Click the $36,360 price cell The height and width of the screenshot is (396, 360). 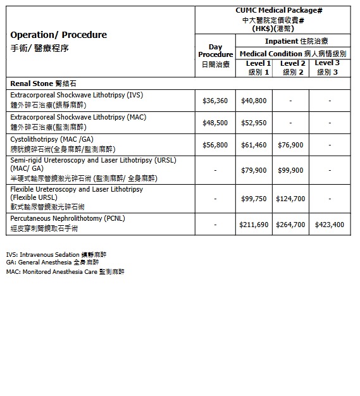[x=215, y=101]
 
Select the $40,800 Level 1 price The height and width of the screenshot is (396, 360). [x=254, y=101]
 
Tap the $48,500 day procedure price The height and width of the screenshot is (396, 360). [x=215, y=123]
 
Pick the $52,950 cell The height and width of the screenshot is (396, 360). [x=254, y=123]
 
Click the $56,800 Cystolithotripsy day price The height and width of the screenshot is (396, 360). [x=215, y=145]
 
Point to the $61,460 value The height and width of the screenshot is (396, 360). [x=254, y=145]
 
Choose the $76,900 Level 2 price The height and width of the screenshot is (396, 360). [x=290, y=145]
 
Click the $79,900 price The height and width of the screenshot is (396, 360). [x=254, y=170]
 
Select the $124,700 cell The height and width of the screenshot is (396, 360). [x=290, y=199]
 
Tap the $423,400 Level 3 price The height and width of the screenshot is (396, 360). [x=329, y=224]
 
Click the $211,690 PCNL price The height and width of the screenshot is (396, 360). [x=254, y=224]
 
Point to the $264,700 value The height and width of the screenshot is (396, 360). [x=290, y=224]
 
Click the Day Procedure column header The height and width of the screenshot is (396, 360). [x=215, y=55]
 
